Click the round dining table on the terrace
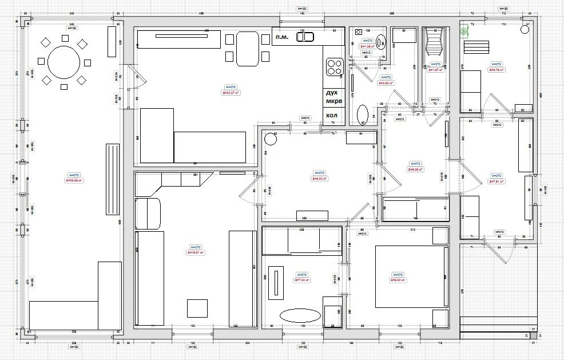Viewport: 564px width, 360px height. pos(63,62)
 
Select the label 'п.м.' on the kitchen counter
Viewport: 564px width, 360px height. pos(281,37)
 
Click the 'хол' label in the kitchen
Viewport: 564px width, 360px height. pos(331,116)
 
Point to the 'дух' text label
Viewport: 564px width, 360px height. pos(331,92)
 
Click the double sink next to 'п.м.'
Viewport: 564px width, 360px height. pos(305,37)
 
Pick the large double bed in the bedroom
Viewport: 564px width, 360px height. pos(410,276)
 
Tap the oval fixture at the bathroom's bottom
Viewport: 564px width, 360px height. pos(363,114)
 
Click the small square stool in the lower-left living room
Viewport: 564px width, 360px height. pos(197,308)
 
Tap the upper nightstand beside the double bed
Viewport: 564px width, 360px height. pos(439,236)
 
